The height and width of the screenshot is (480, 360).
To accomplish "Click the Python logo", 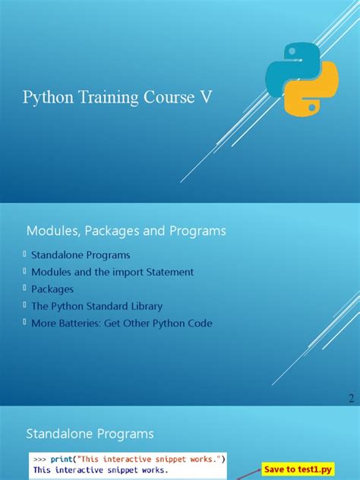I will click(x=300, y=80).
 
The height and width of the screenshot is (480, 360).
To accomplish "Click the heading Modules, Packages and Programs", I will click(x=126, y=229).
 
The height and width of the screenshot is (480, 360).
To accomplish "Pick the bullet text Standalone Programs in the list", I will click(x=81, y=255).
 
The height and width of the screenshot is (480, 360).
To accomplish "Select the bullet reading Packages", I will click(x=52, y=289).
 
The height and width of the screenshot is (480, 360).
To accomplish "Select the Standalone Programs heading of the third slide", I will click(x=90, y=434).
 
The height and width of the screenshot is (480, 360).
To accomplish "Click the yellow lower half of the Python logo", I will click(x=313, y=95).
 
